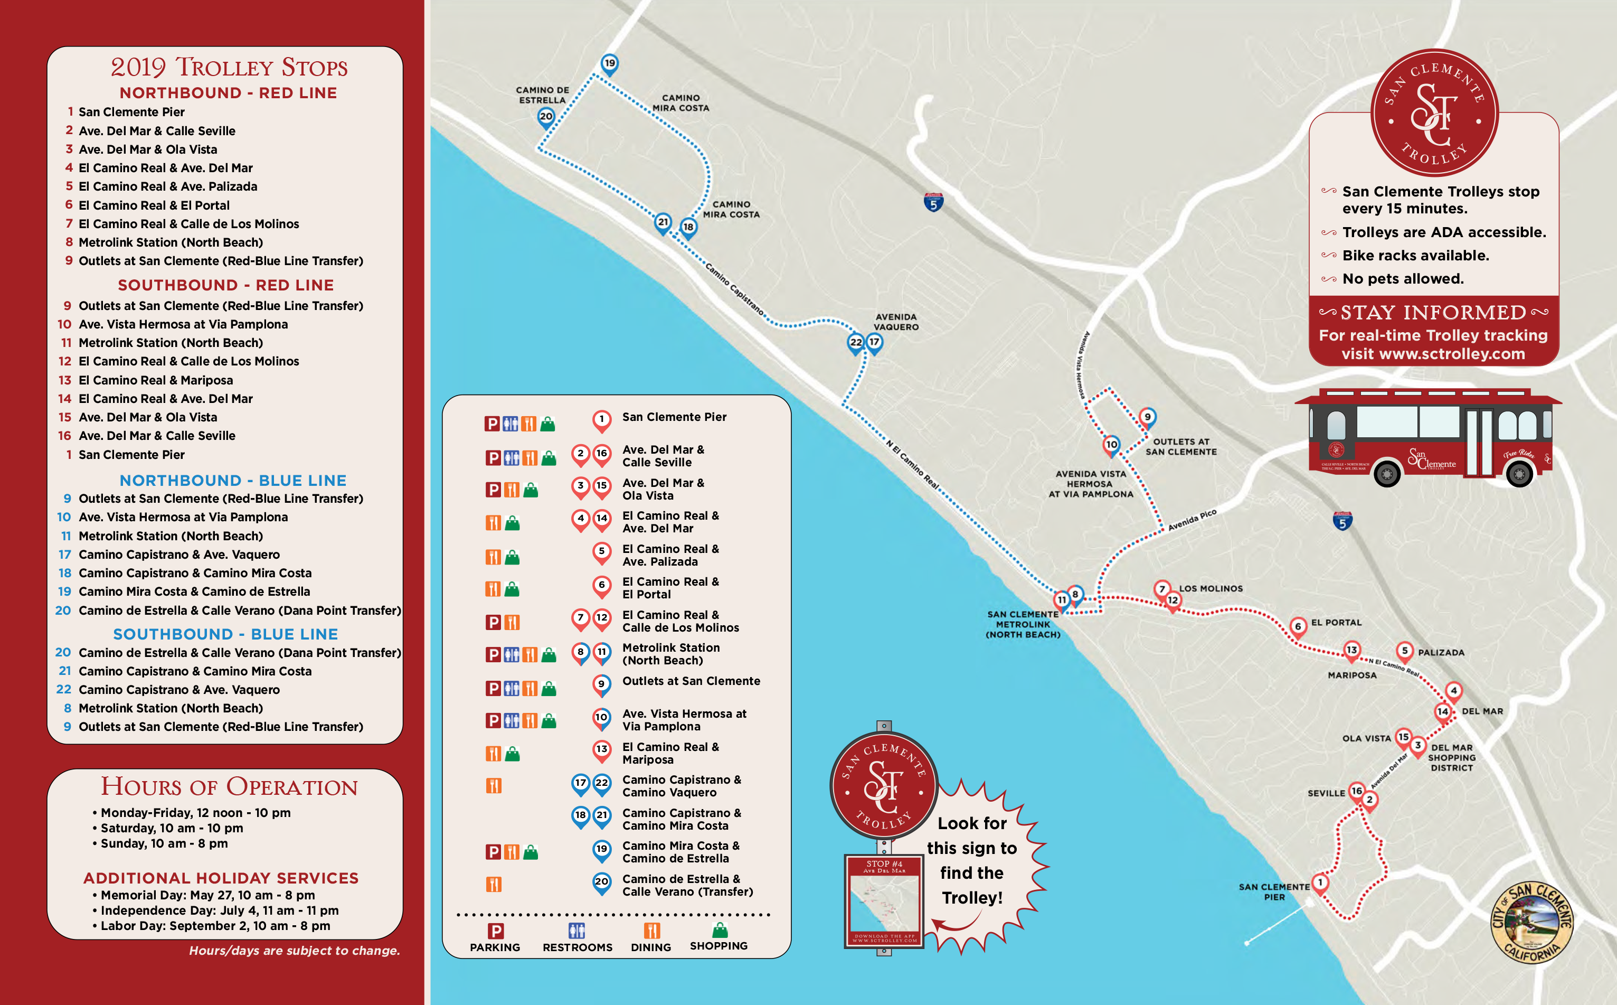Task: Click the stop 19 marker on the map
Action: pos(609,64)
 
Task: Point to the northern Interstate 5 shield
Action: pos(933,202)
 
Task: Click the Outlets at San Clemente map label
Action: pos(1180,447)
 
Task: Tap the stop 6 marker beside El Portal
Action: pos(1298,627)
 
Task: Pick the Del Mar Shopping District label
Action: pos(1452,757)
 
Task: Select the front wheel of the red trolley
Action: pos(1519,474)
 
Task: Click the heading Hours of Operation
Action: pos(229,787)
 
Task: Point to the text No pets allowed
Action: pos(1403,279)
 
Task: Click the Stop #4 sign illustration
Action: pos(884,900)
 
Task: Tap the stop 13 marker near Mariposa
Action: pos(1351,650)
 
